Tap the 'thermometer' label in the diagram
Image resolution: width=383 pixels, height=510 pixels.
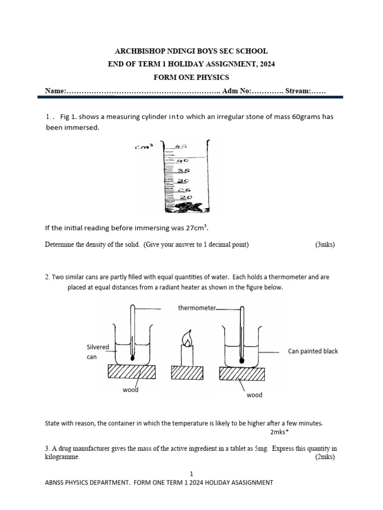pos(197,308)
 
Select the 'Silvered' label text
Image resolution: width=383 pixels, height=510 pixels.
pos(98,347)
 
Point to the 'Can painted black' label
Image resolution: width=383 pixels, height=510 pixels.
pos(313,351)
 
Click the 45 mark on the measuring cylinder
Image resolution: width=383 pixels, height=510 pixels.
pos(181,146)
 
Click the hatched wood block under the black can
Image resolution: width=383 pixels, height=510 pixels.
pos(241,372)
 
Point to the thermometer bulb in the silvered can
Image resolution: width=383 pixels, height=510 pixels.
pos(132,357)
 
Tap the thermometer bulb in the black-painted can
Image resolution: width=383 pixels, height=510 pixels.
pos(241,359)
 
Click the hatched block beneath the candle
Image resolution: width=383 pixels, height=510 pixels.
pos(187,372)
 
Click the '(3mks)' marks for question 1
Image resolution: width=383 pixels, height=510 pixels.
pos(325,245)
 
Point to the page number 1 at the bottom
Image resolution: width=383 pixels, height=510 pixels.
pos(191,473)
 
